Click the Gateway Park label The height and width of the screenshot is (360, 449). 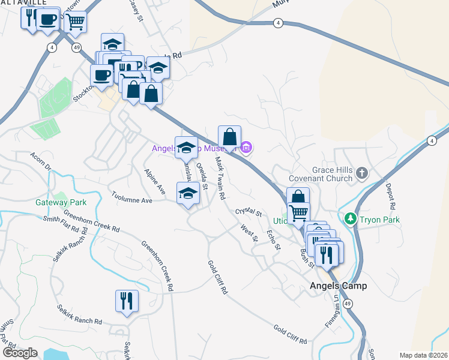pyautogui.click(x=61, y=203)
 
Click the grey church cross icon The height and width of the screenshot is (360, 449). pyautogui.click(x=361, y=173)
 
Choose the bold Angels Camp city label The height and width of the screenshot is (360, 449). pyautogui.click(x=338, y=286)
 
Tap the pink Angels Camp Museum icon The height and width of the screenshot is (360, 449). pyautogui.click(x=246, y=146)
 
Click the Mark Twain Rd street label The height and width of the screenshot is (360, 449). pyautogui.click(x=220, y=178)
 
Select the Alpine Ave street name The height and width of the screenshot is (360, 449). pyautogui.click(x=154, y=181)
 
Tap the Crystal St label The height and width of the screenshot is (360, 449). pyautogui.click(x=249, y=212)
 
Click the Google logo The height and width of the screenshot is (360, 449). pyautogui.click(x=20, y=353)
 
